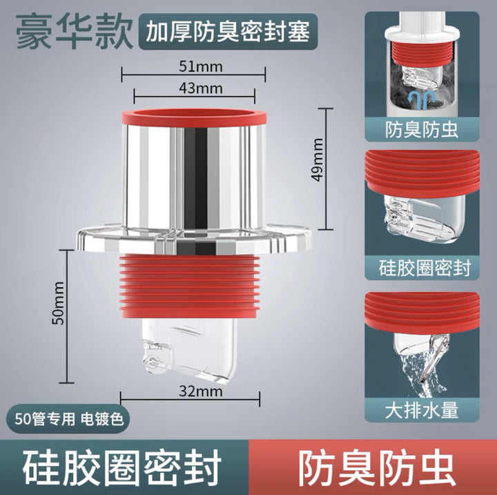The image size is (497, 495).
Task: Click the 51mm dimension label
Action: pos(201,66)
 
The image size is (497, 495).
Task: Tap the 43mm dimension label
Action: pos(201,88)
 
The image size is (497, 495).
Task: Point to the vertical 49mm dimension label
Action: pos(318,159)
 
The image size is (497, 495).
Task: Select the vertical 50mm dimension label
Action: pos(58,303)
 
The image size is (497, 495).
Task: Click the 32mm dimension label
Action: pos(201,391)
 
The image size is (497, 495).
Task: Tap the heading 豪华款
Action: pos(75,32)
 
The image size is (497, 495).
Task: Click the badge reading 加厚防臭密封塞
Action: pos(228,32)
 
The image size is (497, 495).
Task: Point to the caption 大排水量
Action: pos(422,411)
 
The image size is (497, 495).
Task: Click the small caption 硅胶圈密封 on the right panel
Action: pos(425,268)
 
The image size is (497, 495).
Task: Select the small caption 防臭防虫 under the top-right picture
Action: pos(422,129)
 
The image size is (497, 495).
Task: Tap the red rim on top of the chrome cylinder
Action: pos(194,117)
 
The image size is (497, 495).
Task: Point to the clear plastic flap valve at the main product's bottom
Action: pos(189,349)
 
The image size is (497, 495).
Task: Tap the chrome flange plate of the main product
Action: pos(194,239)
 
